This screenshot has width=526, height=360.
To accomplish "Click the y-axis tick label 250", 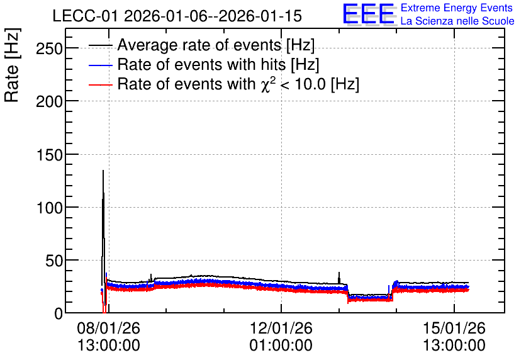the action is pyautogui.click(x=49, y=48).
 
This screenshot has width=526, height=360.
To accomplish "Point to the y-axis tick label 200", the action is pyautogui.click(x=49, y=101).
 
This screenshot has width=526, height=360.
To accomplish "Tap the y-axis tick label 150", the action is pyautogui.click(x=49, y=155).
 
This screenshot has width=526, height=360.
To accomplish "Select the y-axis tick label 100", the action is pyautogui.click(x=49, y=208).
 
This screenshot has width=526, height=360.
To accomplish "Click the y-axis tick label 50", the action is pyautogui.click(x=54, y=261).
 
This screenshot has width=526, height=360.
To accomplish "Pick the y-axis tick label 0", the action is pyautogui.click(x=59, y=313).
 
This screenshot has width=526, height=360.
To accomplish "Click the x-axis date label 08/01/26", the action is pyautogui.click(x=108, y=328).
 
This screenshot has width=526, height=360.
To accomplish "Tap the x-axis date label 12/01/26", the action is pyautogui.click(x=281, y=328).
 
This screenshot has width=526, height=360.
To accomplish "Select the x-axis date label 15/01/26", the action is pyautogui.click(x=454, y=328).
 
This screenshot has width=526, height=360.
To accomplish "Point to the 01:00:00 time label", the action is pyautogui.click(x=281, y=346).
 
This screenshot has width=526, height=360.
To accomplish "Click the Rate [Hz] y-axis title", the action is pyautogui.click(x=12, y=65).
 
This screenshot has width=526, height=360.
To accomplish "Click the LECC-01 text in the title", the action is pyautogui.click(x=86, y=16).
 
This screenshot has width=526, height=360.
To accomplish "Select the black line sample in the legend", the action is pyautogui.click(x=100, y=45).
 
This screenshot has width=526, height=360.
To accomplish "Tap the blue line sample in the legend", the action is pyautogui.click(x=100, y=65).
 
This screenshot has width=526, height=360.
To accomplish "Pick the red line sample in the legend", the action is pyautogui.click(x=100, y=85).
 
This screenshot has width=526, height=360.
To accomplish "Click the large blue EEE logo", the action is pyautogui.click(x=369, y=14).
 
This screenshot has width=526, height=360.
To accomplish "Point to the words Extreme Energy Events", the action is pyautogui.click(x=457, y=8).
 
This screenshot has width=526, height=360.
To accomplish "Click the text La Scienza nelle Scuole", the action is pyautogui.click(x=457, y=21).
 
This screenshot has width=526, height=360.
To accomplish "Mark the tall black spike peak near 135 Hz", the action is pyautogui.click(x=103, y=171).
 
